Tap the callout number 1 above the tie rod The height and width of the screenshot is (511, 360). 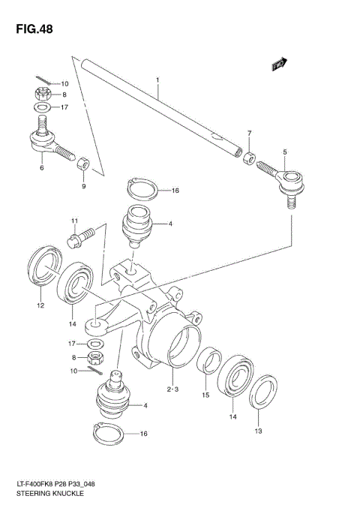pyautogui.click(x=158, y=80)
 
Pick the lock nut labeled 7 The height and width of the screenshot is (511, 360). pyautogui.click(x=247, y=158)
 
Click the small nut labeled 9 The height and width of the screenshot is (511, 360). pyautogui.click(x=85, y=163)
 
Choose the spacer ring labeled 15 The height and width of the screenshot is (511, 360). pyautogui.click(x=209, y=359)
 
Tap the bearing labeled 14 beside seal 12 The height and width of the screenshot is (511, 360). pyautogui.click(x=76, y=284)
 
